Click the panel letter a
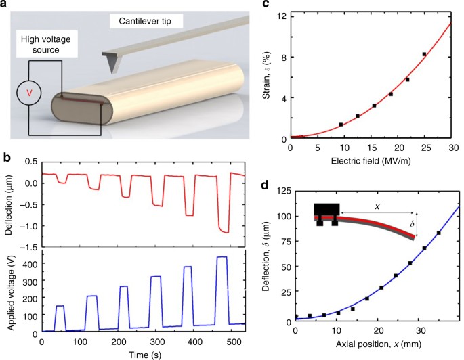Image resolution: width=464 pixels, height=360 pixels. [x=5, y=6]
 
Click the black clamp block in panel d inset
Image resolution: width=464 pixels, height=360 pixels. [x=326, y=211]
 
